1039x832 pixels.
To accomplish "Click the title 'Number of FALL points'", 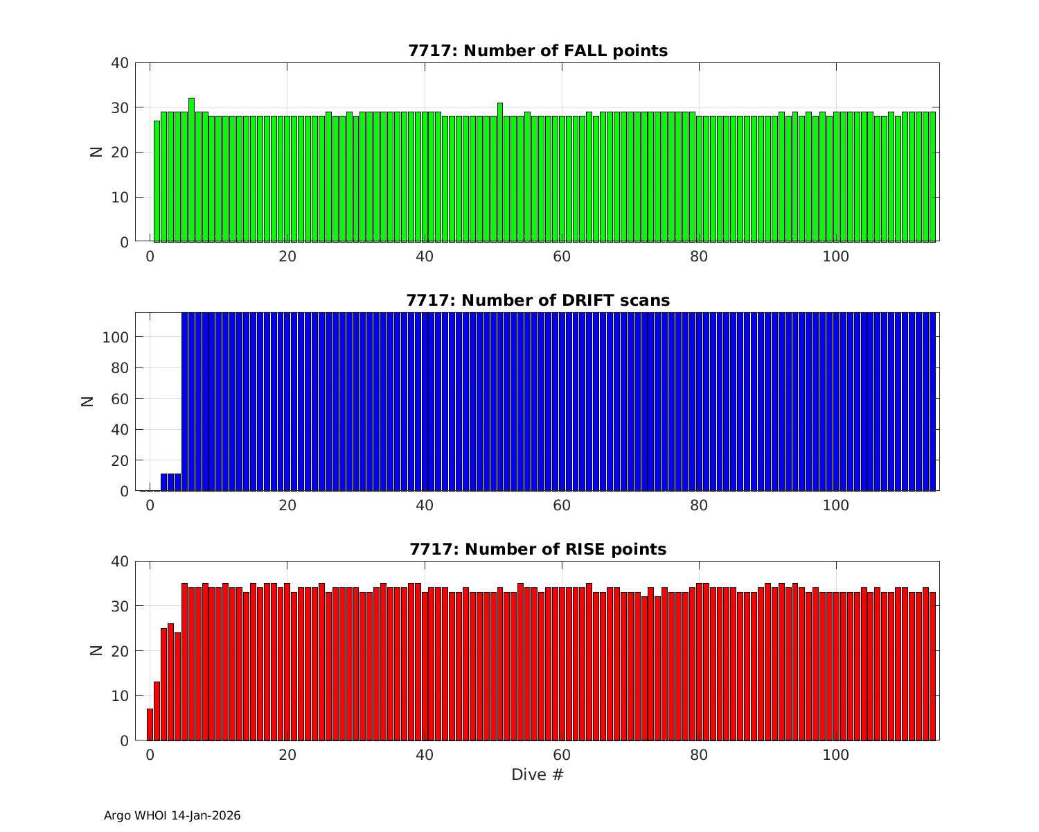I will [x=538, y=51].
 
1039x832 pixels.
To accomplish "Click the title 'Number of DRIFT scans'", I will [x=538, y=300].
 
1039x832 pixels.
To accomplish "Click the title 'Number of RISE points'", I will [x=538, y=549].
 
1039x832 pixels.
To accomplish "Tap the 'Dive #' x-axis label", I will [x=538, y=774].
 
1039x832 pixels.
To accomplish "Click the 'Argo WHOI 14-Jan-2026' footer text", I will [x=172, y=815].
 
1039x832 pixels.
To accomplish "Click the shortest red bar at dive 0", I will [x=150, y=725].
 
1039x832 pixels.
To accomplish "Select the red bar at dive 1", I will [x=157, y=711].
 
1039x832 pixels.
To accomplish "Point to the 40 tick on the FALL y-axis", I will [x=119, y=63].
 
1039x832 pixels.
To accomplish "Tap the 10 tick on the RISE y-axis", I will [x=119, y=695].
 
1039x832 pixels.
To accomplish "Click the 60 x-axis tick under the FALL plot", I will [x=562, y=256].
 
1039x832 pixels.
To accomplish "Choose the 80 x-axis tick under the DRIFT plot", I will [x=699, y=505].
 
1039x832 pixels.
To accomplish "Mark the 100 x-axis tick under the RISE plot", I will [x=836, y=754].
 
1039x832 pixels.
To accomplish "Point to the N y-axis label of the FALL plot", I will [x=96, y=152].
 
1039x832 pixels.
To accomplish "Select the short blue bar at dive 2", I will [x=164, y=483].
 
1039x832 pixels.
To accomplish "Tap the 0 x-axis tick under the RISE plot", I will [x=150, y=754].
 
